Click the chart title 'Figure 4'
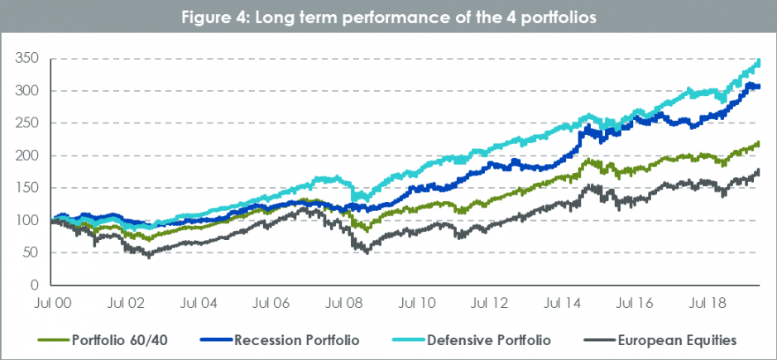click(388, 16)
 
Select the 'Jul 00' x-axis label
click(53, 303)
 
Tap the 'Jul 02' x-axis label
click(132, 303)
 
